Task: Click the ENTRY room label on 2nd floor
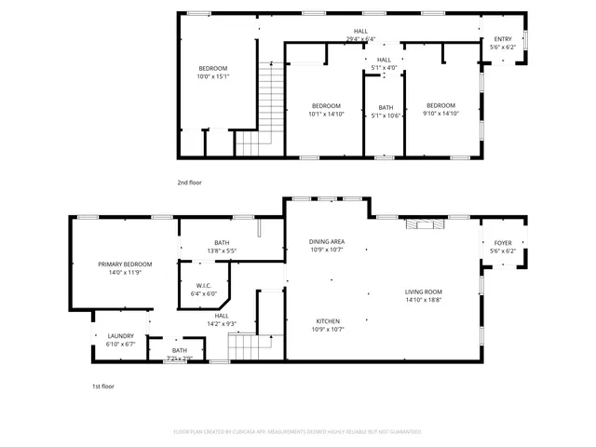(503, 39)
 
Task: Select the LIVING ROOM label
(423, 292)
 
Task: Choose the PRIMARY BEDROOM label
(125, 264)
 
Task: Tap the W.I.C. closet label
(204, 286)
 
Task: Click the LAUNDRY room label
(120, 336)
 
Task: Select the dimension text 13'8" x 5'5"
(221, 251)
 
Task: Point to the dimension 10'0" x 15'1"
(212, 76)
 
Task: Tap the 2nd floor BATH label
(385, 108)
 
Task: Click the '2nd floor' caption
(189, 183)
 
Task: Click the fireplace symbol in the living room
(425, 223)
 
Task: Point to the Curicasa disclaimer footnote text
(297, 432)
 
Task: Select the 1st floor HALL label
(222, 316)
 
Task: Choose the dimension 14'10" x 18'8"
(423, 300)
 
